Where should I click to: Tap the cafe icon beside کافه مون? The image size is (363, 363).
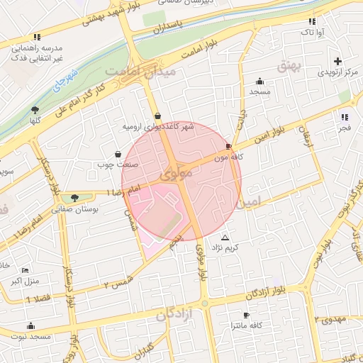tap(228, 145)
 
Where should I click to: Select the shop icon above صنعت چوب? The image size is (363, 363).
tap(118, 154)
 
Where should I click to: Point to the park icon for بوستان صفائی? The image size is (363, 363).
tap(74, 198)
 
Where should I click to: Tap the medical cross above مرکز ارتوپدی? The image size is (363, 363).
tap(337, 61)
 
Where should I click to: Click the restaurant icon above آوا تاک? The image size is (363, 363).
tap(313, 21)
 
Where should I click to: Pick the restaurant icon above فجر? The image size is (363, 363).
tap(344, 117)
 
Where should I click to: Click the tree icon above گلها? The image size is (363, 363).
tap(35, 109)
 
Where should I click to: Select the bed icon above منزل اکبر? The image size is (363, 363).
tap(26, 270)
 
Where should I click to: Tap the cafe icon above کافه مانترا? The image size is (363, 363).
tap(245, 314)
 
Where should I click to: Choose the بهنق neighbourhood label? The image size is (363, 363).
tap(310, 66)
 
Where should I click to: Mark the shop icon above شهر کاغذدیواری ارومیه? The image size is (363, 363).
tap(157, 116)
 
